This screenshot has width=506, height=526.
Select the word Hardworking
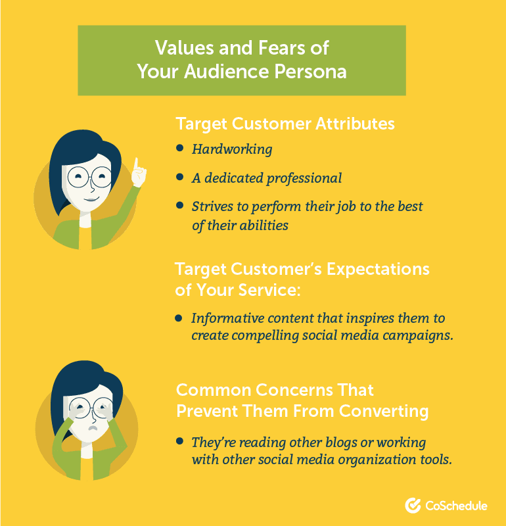(x=232, y=149)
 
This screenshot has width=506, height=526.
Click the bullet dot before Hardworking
(x=180, y=147)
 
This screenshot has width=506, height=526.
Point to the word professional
(x=304, y=178)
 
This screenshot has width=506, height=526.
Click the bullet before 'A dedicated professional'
(x=180, y=176)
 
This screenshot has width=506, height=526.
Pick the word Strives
(x=212, y=206)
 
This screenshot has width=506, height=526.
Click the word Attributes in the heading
(x=355, y=124)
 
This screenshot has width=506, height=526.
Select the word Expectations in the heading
(x=378, y=269)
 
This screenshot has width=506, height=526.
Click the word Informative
(x=227, y=318)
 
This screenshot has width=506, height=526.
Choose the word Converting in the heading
(x=384, y=412)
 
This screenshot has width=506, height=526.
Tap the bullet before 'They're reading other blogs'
(x=180, y=441)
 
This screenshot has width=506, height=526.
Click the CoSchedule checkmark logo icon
(x=413, y=505)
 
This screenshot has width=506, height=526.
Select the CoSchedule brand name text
(x=456, y=506)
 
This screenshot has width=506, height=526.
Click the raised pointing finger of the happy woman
(x=136, y=164)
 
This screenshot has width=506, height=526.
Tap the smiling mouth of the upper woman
(x=91, y=200)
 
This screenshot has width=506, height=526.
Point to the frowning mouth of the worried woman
(x=93, y=428)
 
